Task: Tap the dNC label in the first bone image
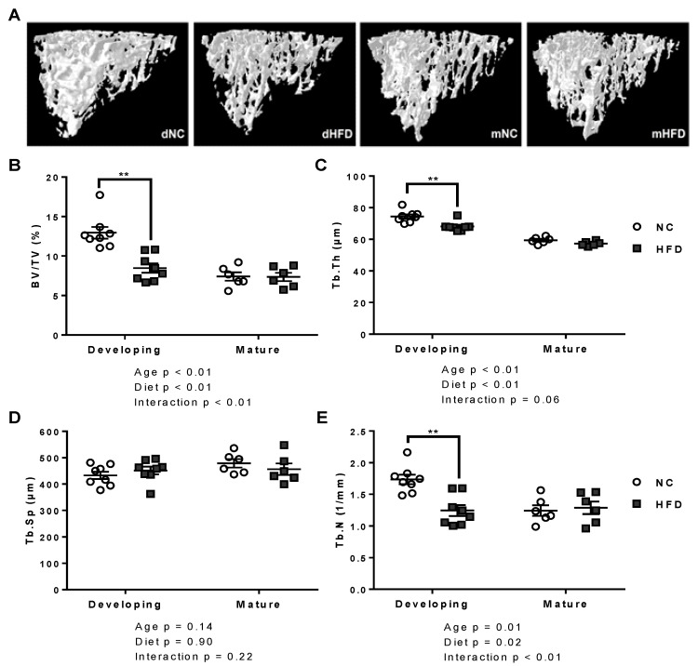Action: tap(168, 136)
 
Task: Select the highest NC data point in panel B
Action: tap(99, 194)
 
